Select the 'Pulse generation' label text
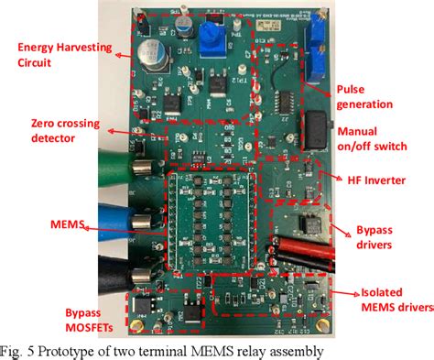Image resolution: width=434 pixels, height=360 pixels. (374, 98)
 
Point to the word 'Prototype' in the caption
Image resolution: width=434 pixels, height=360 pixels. (76, 350)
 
